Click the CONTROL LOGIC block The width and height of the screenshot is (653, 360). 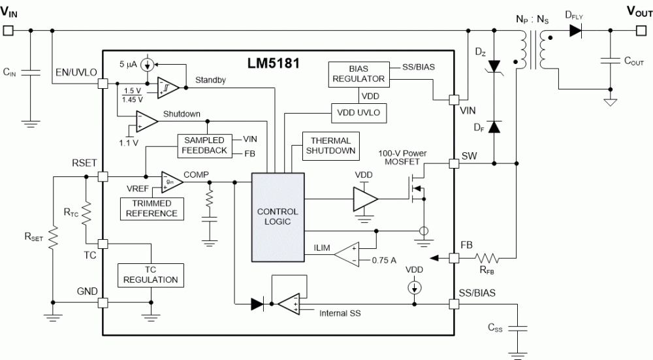278,217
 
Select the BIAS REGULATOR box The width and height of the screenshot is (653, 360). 358,74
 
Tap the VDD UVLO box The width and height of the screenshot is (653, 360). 358,112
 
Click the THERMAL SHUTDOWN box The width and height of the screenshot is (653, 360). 330,146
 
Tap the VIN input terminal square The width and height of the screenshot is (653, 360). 8,30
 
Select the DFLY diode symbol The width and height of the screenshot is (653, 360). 575,30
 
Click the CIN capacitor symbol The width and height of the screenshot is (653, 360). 30,72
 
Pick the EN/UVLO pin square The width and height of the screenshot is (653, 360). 102,84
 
